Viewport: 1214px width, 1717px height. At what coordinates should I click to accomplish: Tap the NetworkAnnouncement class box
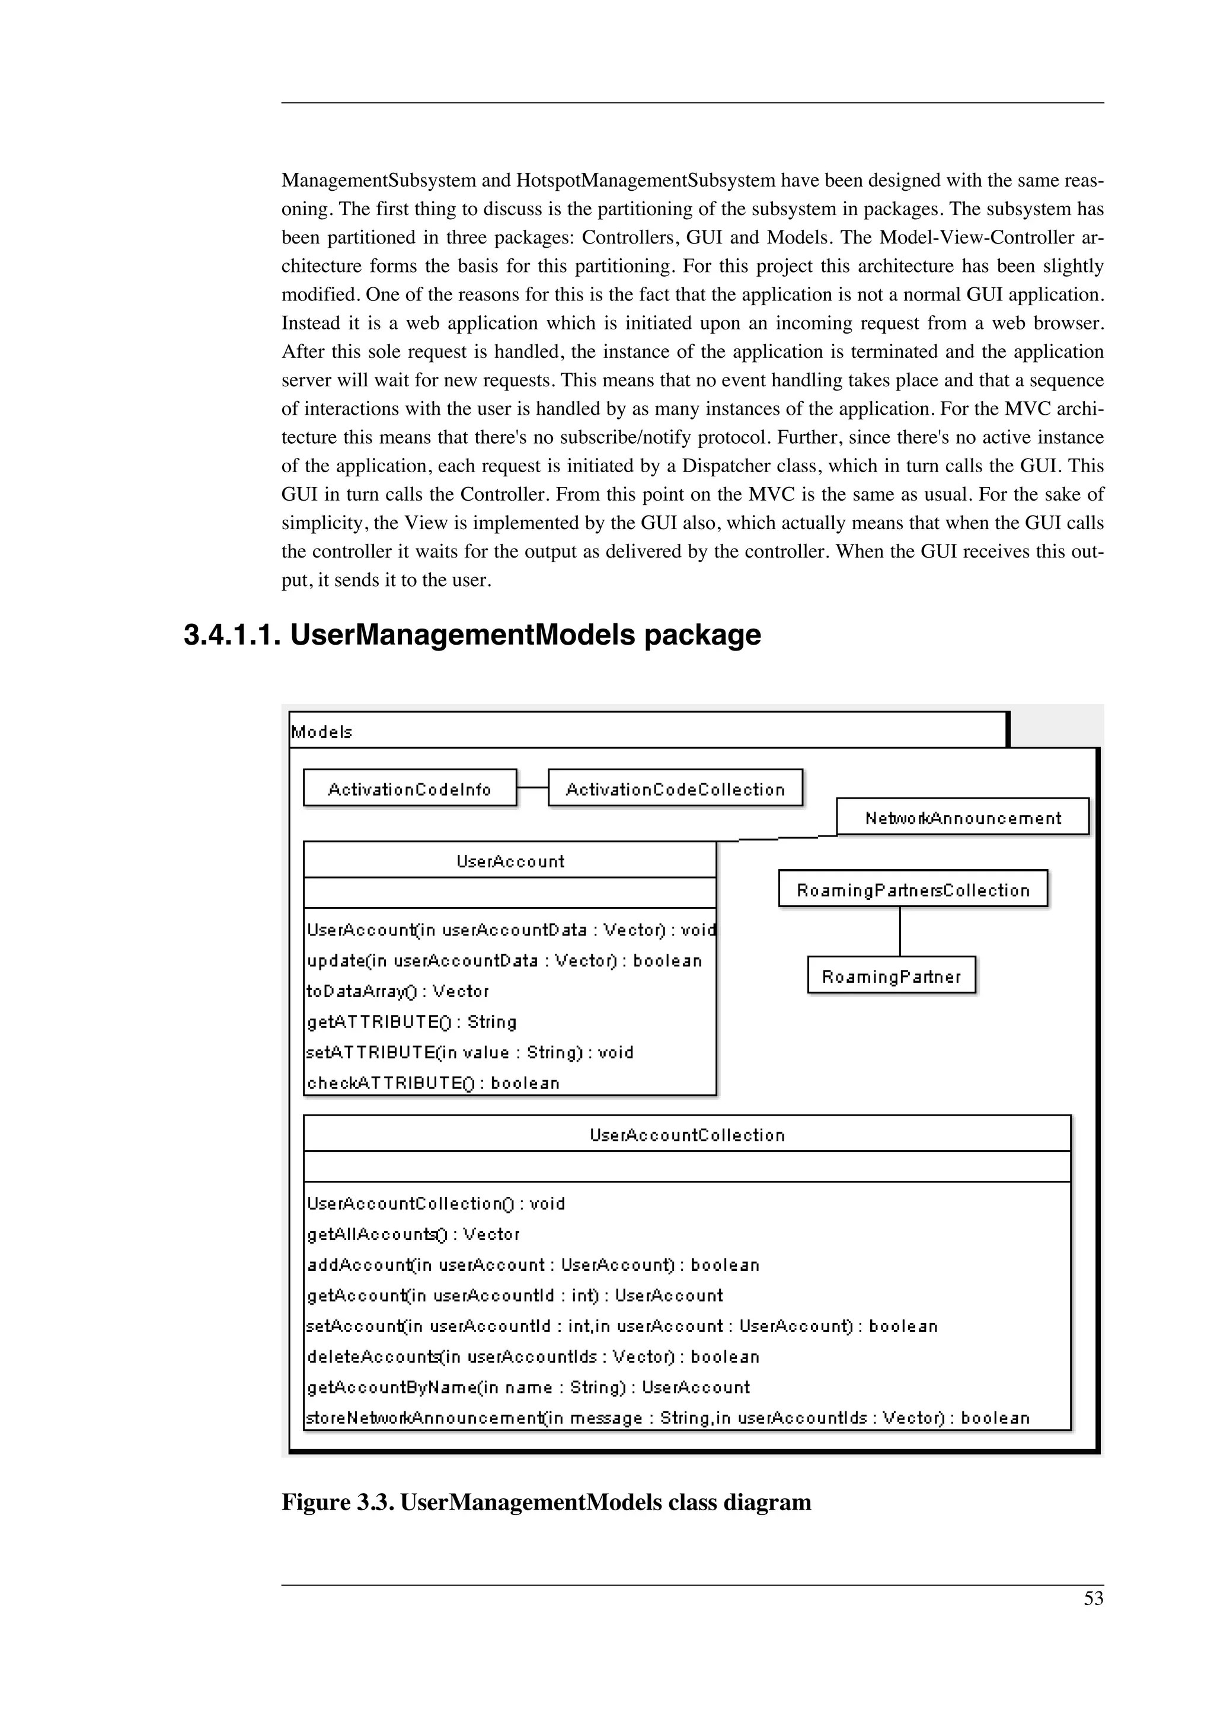pyautogui.click(x=962, y=818)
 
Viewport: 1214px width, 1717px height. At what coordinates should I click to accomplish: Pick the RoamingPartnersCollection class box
pyautogui.click(x=912, y=890)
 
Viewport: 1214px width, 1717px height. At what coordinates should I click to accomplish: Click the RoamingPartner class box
pyautogui.click(x=891, y=976)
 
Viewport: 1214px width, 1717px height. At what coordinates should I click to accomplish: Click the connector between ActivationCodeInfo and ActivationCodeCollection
pyautogui.click(x=532, y=787)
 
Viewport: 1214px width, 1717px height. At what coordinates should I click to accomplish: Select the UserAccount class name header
pyautogui.click(x=510, y=861)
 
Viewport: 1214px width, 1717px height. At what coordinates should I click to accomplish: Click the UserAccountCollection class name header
pyautogui.click(x=686, y=1135)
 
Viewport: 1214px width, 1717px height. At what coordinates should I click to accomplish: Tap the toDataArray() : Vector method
pyautogui.click(x=398, y=991)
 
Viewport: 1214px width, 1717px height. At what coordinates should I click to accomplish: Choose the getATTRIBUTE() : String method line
pyautogui.click(x=411, y=1021)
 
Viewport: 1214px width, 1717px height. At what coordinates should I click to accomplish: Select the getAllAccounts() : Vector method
pyautogui.click(x=413, y=1234)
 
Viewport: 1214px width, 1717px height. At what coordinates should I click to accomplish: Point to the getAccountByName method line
pyautogui.click(x=528, y=1387)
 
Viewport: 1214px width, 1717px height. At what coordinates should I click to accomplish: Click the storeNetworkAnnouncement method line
pyautogui.click(x=667, y=1418)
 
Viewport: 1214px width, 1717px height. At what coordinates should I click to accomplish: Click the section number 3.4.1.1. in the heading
pyautogui.click(x=232, y=636)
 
